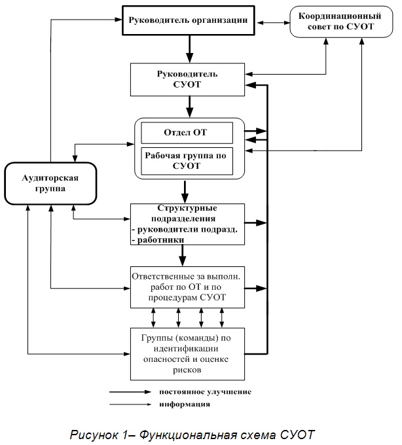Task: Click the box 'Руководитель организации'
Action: pos(188,20)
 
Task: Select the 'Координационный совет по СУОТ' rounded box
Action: pos(341,22)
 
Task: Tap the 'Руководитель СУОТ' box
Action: pos(187,79)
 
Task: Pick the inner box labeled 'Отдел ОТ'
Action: pos(187,133)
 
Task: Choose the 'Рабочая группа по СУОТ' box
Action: pos(187,161)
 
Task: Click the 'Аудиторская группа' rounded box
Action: pos(50,183)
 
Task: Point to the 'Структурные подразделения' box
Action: pos(187,224)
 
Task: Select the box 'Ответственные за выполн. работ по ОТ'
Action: pos(187,287)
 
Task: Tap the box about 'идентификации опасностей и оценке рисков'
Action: pos(187,354)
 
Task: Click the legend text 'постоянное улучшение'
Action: pos(206,392)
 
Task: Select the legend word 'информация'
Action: pos(185,404)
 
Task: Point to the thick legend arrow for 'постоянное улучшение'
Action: pos(130,392)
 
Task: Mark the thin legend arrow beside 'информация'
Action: pos(130,404)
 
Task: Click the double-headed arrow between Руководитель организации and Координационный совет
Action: pos(272,23)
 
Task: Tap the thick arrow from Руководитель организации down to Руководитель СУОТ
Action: pos(189,49)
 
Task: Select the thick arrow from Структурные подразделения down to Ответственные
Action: pos(183,255)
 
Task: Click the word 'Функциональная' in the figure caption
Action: pos(208,435)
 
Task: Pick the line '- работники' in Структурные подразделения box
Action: pos(158,240)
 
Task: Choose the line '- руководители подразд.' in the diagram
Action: pos(185,229)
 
